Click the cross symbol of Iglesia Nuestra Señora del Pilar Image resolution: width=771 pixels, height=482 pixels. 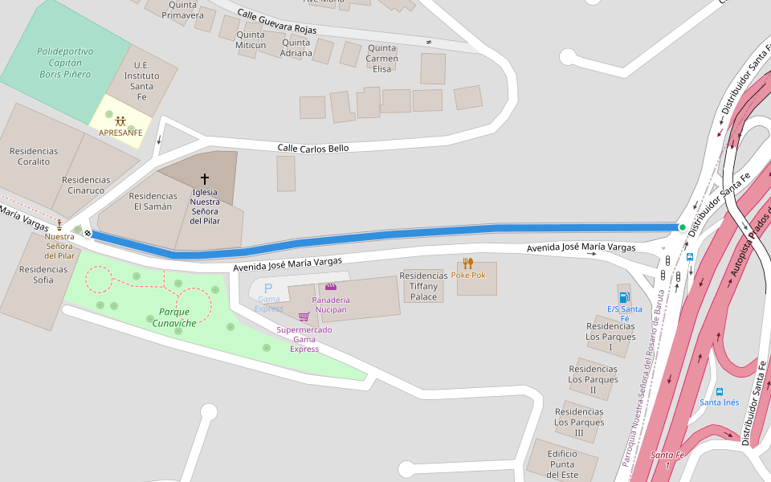[205, 178]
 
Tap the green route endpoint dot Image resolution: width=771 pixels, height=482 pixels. [683, 227]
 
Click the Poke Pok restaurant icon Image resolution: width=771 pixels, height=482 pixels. [468, 263]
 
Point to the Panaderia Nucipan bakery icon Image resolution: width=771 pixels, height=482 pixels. [331, 287]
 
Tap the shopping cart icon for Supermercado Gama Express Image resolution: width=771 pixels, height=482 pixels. [304, 317]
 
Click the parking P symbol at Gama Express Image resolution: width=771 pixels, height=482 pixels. [268, 288]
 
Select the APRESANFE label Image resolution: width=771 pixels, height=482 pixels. [120, 133]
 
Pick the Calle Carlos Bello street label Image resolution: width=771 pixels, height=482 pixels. [313, 149]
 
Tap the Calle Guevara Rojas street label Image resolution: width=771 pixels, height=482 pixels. [276, 22]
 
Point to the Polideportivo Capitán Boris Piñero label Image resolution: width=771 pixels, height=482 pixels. [65, 63]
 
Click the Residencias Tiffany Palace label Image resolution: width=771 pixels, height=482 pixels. [424, 286]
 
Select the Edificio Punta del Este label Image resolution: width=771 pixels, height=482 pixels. [563, 464]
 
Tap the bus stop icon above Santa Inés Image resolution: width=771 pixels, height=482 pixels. [719, 391]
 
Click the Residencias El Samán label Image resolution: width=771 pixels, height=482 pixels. [153, 201]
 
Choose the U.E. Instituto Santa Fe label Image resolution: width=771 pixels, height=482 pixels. [142, 81]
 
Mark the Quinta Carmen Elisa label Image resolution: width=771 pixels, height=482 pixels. [382, 59]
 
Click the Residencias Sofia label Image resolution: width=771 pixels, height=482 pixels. [37, 275]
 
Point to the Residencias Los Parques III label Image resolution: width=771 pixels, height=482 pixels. [579, 423]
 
